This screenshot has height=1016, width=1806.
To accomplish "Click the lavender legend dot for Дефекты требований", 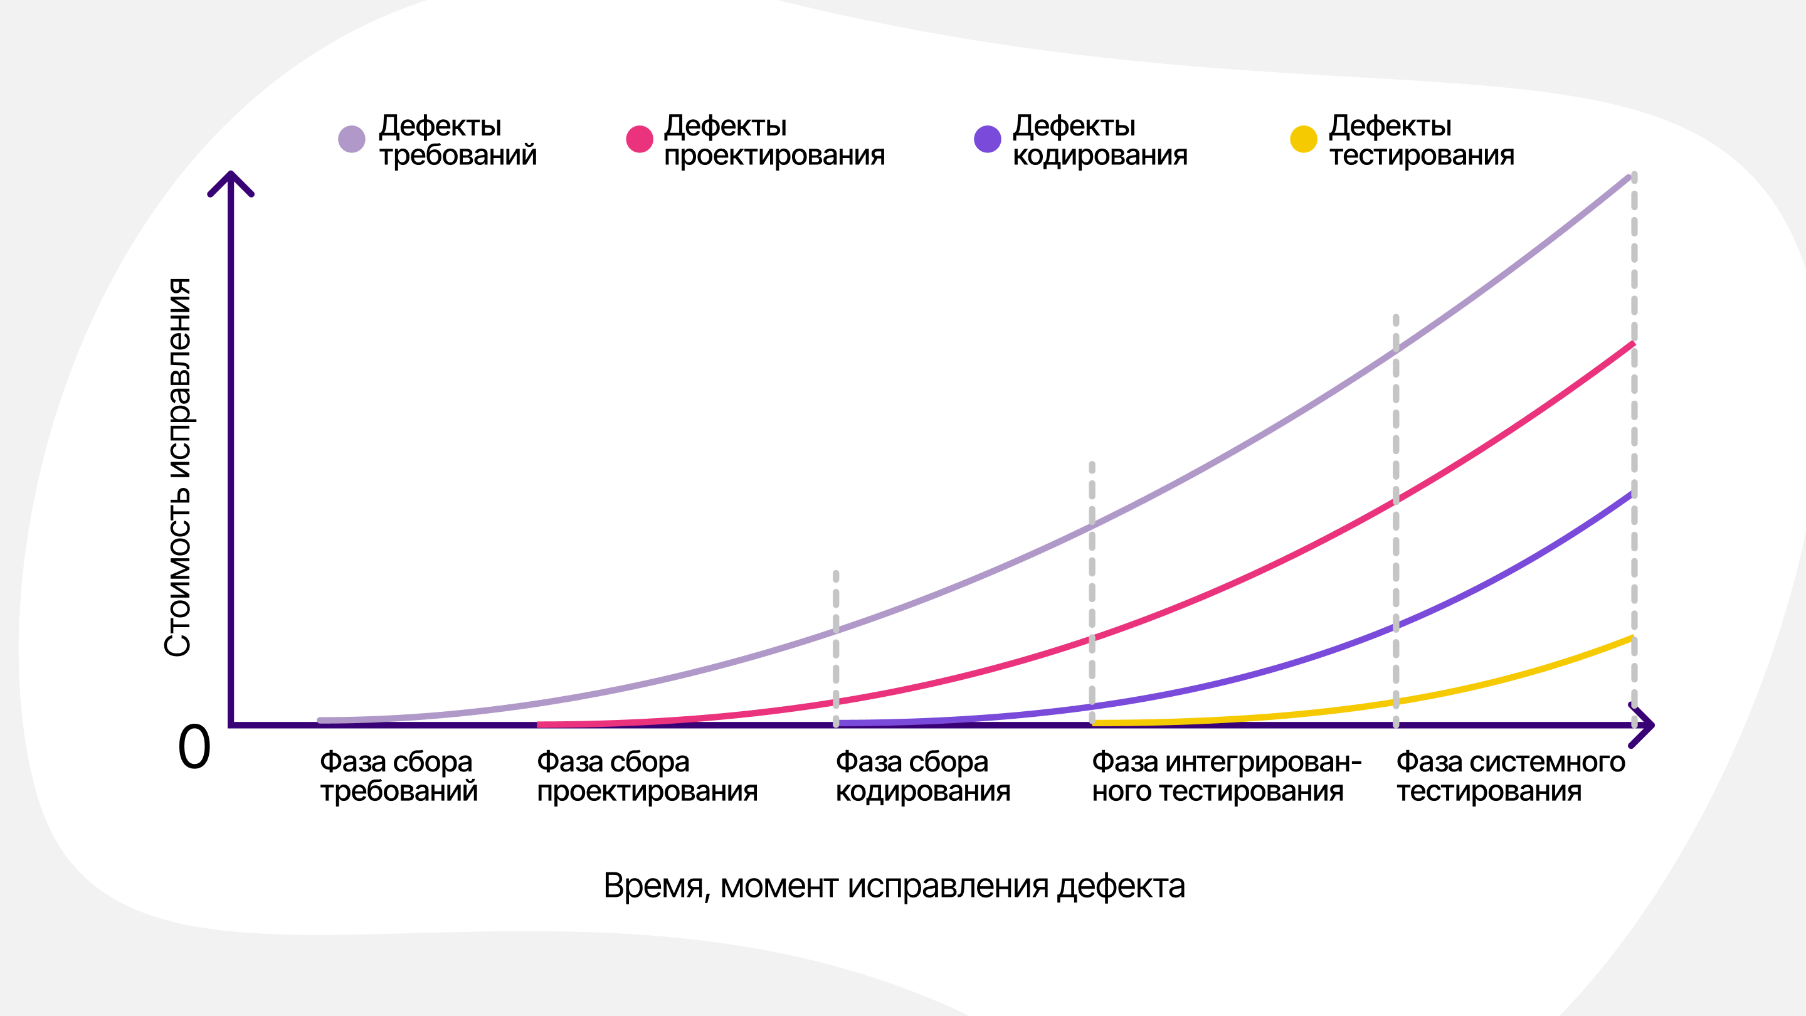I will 351,139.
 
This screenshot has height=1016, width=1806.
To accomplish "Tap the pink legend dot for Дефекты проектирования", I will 639,139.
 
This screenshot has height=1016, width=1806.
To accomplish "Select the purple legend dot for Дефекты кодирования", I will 987,139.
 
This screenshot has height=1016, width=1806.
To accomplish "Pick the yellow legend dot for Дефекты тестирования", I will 1303,139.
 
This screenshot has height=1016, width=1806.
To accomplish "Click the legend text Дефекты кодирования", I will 1099,140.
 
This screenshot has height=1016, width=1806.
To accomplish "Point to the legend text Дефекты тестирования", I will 1421,140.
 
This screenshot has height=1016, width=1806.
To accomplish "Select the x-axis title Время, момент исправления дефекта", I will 894,886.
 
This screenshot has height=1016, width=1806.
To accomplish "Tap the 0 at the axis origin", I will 194,748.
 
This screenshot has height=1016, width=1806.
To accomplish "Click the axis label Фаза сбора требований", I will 398,776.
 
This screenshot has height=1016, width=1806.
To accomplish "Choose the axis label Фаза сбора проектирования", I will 647,776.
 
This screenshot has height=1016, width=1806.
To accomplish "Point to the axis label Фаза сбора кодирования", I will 922,776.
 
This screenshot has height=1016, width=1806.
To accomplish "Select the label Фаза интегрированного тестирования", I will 1226,776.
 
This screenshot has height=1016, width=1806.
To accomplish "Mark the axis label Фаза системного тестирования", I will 1510,776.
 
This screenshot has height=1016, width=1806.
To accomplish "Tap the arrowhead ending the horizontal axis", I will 1645,725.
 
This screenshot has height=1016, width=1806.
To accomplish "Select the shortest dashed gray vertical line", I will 836,648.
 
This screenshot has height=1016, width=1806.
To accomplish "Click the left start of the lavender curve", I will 322,720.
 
